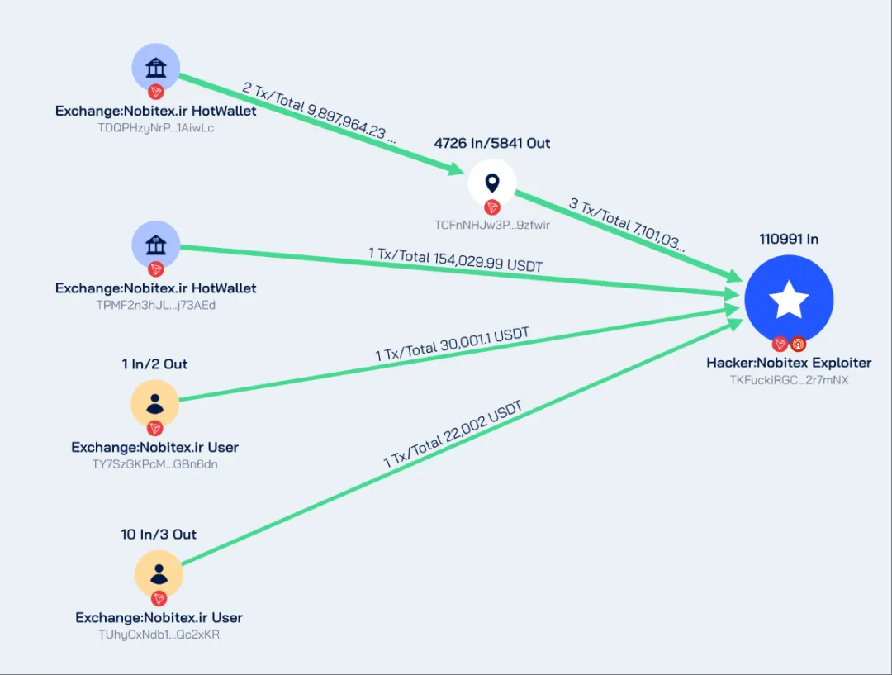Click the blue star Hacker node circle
click(788, 300)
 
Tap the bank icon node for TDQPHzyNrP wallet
click(156, 68)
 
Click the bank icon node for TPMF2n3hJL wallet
click(156, 245)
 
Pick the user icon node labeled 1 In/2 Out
click(154, 404)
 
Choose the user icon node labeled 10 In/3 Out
click(159, 574)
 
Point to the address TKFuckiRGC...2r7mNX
click(789, 380)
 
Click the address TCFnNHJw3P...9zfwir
click(492, 225)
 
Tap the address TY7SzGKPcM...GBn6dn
click(155, 463)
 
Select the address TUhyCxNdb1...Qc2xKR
click(159, 635)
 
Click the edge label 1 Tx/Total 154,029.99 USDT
click(455, 261)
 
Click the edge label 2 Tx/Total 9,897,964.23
click(320, 113)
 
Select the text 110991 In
click(789, 239)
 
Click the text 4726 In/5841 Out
click(492, 143)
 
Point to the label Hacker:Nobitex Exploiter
click(789, 363)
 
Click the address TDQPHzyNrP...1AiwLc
click(156, 128)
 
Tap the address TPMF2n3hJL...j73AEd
click(156, 305)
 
